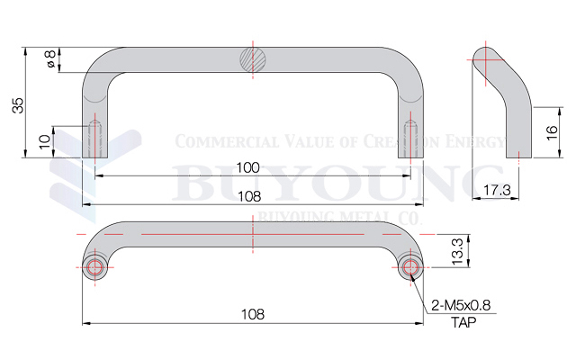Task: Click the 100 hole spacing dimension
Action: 249,167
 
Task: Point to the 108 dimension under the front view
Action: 249,195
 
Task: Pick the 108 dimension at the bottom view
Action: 253,314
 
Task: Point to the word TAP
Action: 463,321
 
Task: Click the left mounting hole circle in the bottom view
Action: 94,267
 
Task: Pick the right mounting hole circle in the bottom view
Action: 412,267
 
